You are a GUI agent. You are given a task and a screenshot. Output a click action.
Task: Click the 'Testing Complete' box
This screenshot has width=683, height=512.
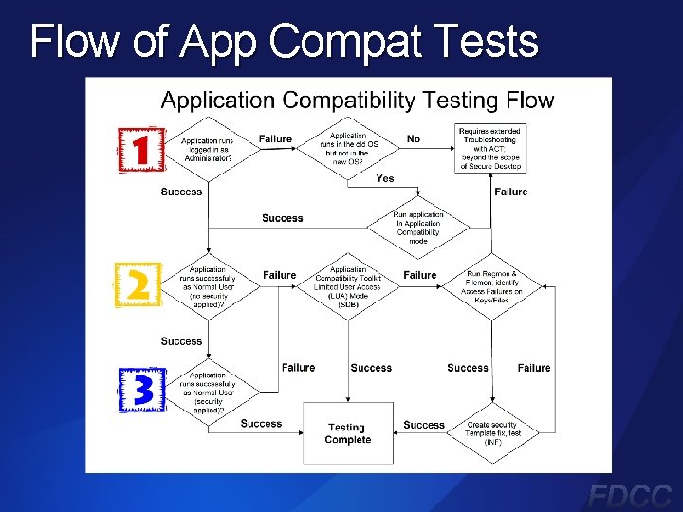(x=347, y=433)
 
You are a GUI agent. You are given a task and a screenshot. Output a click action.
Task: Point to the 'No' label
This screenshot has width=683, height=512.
(x=414, y=139)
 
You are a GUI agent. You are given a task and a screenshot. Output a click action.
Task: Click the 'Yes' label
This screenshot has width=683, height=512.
(x=385, y=178)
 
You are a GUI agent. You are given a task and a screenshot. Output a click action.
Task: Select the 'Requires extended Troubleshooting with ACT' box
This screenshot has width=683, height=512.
(x=490, y=148)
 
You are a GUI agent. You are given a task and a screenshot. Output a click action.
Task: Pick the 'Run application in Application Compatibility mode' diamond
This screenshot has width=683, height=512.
(x=418, y=228)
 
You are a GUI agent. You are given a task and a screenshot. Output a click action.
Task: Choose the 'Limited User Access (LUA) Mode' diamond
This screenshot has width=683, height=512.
(x=348, y=281)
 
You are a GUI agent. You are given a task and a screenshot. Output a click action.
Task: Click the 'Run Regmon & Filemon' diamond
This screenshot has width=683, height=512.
(x=492, y=285)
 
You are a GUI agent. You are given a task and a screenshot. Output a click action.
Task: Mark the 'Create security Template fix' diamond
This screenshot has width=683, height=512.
(x=492, y=433)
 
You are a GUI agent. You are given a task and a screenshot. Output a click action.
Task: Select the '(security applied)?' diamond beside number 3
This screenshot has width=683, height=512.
(x=207, y=392)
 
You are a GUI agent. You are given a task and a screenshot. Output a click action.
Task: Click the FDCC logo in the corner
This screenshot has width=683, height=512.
(x=630, y=494)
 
